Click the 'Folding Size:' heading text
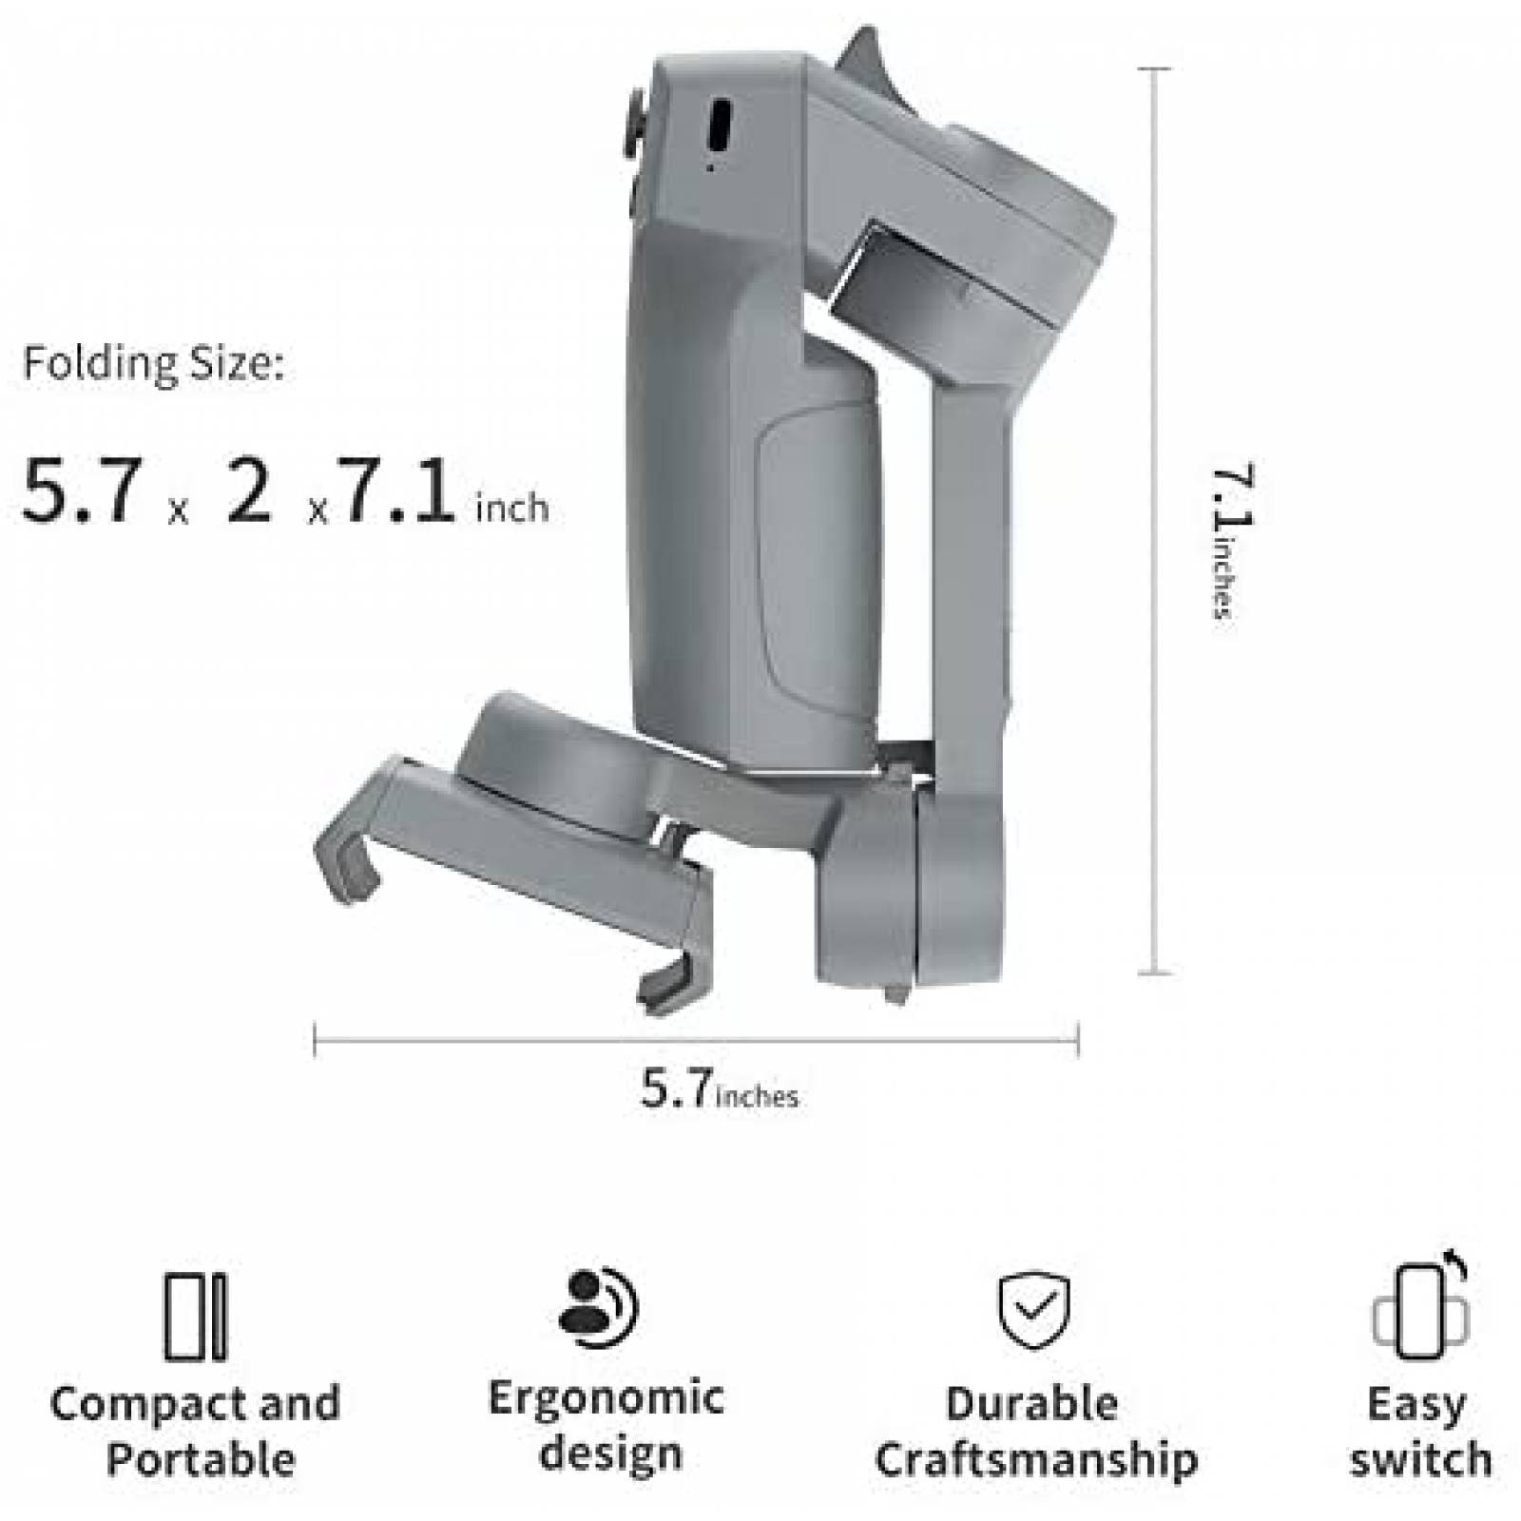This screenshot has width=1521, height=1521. (153, 365)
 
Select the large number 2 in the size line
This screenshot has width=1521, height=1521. (249, 492)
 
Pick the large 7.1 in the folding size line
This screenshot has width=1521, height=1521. (397, 492)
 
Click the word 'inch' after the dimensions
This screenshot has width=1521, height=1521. (512, 508)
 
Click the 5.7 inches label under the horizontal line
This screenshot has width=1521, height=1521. (719, 1089)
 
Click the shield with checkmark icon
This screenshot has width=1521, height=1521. (1033, 1311)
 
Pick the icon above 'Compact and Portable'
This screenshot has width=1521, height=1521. (195, 1317)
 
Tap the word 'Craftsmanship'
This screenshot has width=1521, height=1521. (1035, 1460)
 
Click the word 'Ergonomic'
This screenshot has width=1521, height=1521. (606, 1397)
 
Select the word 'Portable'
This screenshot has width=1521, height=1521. (200, 1459)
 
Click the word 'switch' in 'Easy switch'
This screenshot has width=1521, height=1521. (1420, 1460)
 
